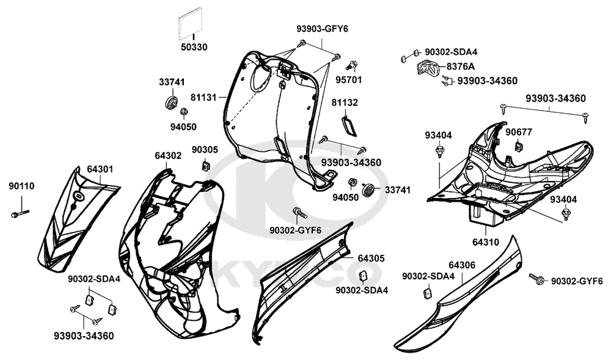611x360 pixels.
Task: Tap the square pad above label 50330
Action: coord(190,26)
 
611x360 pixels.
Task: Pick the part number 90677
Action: coord(518,131)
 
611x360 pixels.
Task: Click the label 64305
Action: coord(371,259)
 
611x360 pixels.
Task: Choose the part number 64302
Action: coord(167,156)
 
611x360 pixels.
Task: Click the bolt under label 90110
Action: coord(20,213)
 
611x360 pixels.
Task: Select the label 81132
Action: coord(345,102)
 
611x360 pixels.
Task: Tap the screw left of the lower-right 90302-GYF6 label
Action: coord(536,279)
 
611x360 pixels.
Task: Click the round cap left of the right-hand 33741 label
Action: coord(368,189)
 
